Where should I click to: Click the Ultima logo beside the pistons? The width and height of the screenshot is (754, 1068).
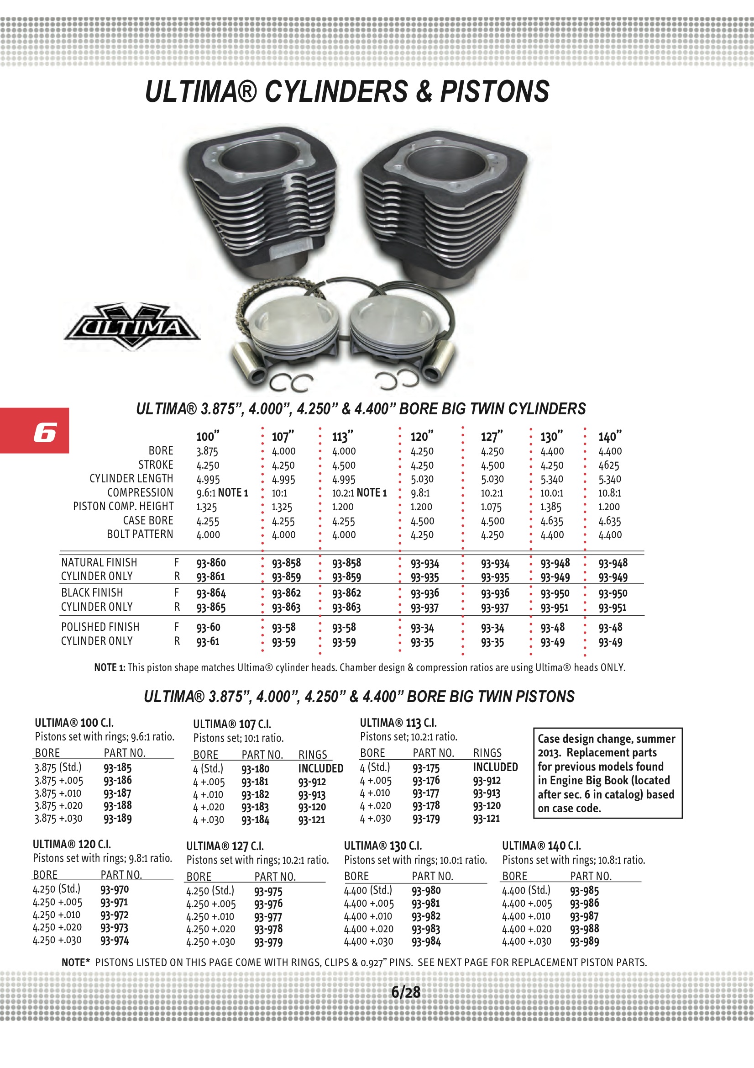pos(132,327)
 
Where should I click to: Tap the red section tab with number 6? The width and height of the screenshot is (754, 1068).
pos(35,431)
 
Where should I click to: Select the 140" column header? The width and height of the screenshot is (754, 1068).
pos(609,436)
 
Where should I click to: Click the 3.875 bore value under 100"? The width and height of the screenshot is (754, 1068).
pos(207,451)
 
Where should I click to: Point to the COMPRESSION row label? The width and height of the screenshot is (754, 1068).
pos(140,492)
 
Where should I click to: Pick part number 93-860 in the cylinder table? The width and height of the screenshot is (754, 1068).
pos(210,563)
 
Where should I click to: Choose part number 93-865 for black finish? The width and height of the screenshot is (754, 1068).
pos(210,607)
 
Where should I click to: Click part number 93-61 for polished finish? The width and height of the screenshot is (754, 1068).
pos(207,641)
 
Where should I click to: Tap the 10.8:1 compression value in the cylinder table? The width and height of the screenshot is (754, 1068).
pos(609,492)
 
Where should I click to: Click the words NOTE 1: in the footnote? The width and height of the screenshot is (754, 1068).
pos(110,667)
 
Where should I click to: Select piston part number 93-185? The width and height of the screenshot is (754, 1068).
pos(117,768)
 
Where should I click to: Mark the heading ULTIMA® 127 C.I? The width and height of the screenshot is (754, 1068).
pos(225,846)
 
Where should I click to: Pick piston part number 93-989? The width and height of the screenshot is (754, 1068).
pos(584,942)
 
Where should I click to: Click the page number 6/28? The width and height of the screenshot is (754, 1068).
pos(405,992)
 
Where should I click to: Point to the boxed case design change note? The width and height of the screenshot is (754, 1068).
pos(607,773)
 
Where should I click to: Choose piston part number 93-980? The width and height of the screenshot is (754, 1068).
pos(426,890)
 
